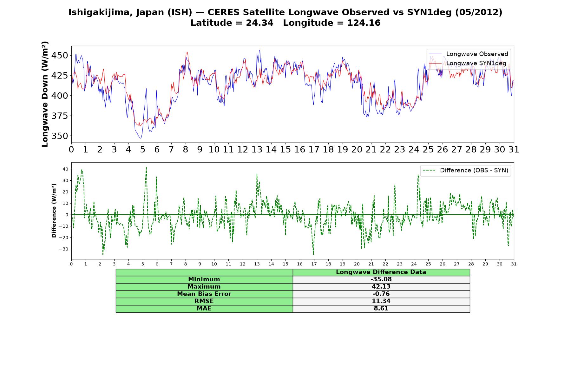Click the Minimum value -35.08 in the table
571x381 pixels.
381,279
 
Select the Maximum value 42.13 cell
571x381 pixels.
381,287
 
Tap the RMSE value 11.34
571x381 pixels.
381,301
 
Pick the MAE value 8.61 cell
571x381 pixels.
381,309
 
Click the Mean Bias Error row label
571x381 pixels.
204,294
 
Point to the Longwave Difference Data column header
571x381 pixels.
381,272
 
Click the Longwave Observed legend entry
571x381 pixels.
469,54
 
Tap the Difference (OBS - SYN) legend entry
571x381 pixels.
465,170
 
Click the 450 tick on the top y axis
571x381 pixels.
59,56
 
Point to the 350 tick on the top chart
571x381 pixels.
59,136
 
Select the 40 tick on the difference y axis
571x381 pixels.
65,169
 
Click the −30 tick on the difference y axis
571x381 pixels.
64,249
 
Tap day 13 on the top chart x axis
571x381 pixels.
257,150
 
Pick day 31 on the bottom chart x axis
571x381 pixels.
514,264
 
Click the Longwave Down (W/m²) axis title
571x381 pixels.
45,94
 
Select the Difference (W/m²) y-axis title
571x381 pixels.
54,211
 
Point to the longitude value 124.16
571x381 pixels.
364,23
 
